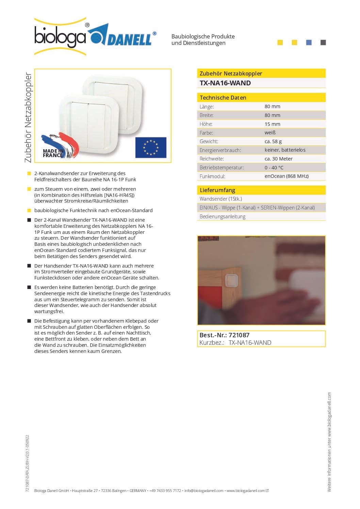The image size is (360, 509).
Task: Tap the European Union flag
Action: click(x=151, y=148)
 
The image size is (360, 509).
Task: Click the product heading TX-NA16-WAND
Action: click(x=225, y=83)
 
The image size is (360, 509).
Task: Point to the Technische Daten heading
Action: click(x=223, y=98)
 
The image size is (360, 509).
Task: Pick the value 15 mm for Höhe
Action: click(x=272, y=124)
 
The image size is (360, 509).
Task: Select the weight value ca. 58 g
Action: click(x=273, y=141)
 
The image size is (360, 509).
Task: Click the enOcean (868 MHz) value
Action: click(x=287, y=176)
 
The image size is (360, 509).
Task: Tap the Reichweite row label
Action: click(x=212, y=159)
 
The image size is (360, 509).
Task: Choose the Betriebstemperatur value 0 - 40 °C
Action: click(x=274, y=168)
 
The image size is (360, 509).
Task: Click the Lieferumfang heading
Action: click(x=217, y=190)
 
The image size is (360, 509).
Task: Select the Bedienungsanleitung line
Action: click(x=223, y=217)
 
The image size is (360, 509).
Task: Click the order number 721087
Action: click(x=239, y=335)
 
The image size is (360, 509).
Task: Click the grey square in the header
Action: click(x=323, y=43)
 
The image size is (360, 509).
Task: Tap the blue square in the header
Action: click(x=309, y=43)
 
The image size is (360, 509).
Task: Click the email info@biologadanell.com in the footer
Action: click(x=204, y=491)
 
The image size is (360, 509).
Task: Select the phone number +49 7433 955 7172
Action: click(x=165, y=491)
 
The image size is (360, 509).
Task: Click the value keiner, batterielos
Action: click(x=285, y=150)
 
